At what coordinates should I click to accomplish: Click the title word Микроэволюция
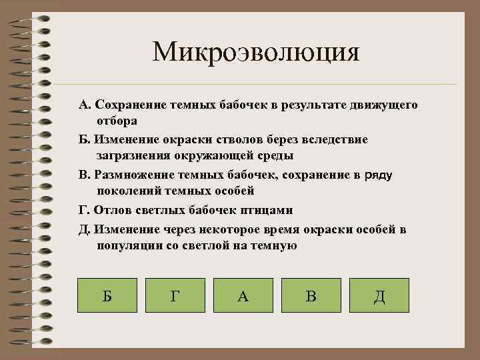coord(255,51)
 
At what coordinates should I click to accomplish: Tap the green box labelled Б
coord(107,295)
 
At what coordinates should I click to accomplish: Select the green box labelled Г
coord(175,295)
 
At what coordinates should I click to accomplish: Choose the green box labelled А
coord(243,295)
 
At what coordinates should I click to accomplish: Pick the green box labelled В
coord(311,295)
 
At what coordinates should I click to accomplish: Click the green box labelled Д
coord(379,295)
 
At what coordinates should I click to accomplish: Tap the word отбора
coord(117,121)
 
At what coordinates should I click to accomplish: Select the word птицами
coord(269,210)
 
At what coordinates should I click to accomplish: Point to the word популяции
coord(129,245)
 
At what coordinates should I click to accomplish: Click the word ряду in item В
coord(377,175)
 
